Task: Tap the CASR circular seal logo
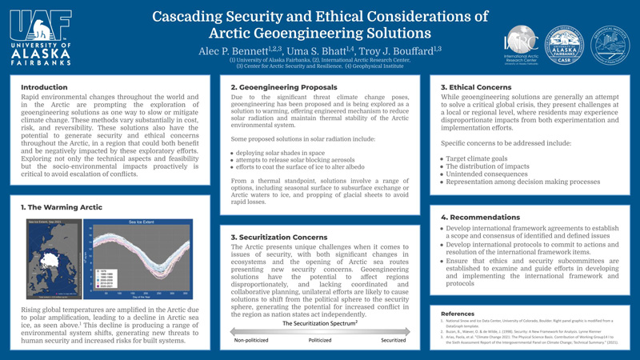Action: pyautogui.click(x=564, y=46)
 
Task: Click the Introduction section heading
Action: pyautogui.click(x=44, y=87)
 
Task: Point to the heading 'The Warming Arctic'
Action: pyautogui.click(x=62, y=207)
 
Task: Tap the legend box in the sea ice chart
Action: pyautogui.click(x=105, y=276)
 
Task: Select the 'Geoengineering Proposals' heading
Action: pyautogui.click(x=283, y=87)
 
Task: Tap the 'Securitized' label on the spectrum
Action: pyautogui.click(x=393, y=340)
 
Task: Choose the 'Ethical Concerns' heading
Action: pyautogui.click(x=476, y=87)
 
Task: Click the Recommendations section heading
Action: pyautogui.click(x=481, y=217)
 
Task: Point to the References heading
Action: pyautogui.click(x=458, y=314)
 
